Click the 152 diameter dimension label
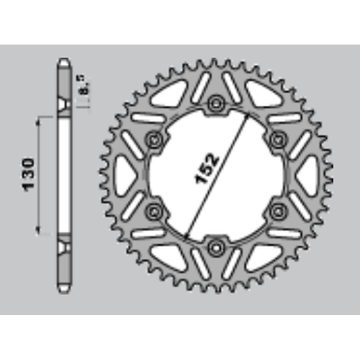point(207,169)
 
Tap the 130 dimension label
point(27,175)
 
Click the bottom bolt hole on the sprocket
point(216,246)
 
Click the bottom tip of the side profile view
point(64,290)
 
